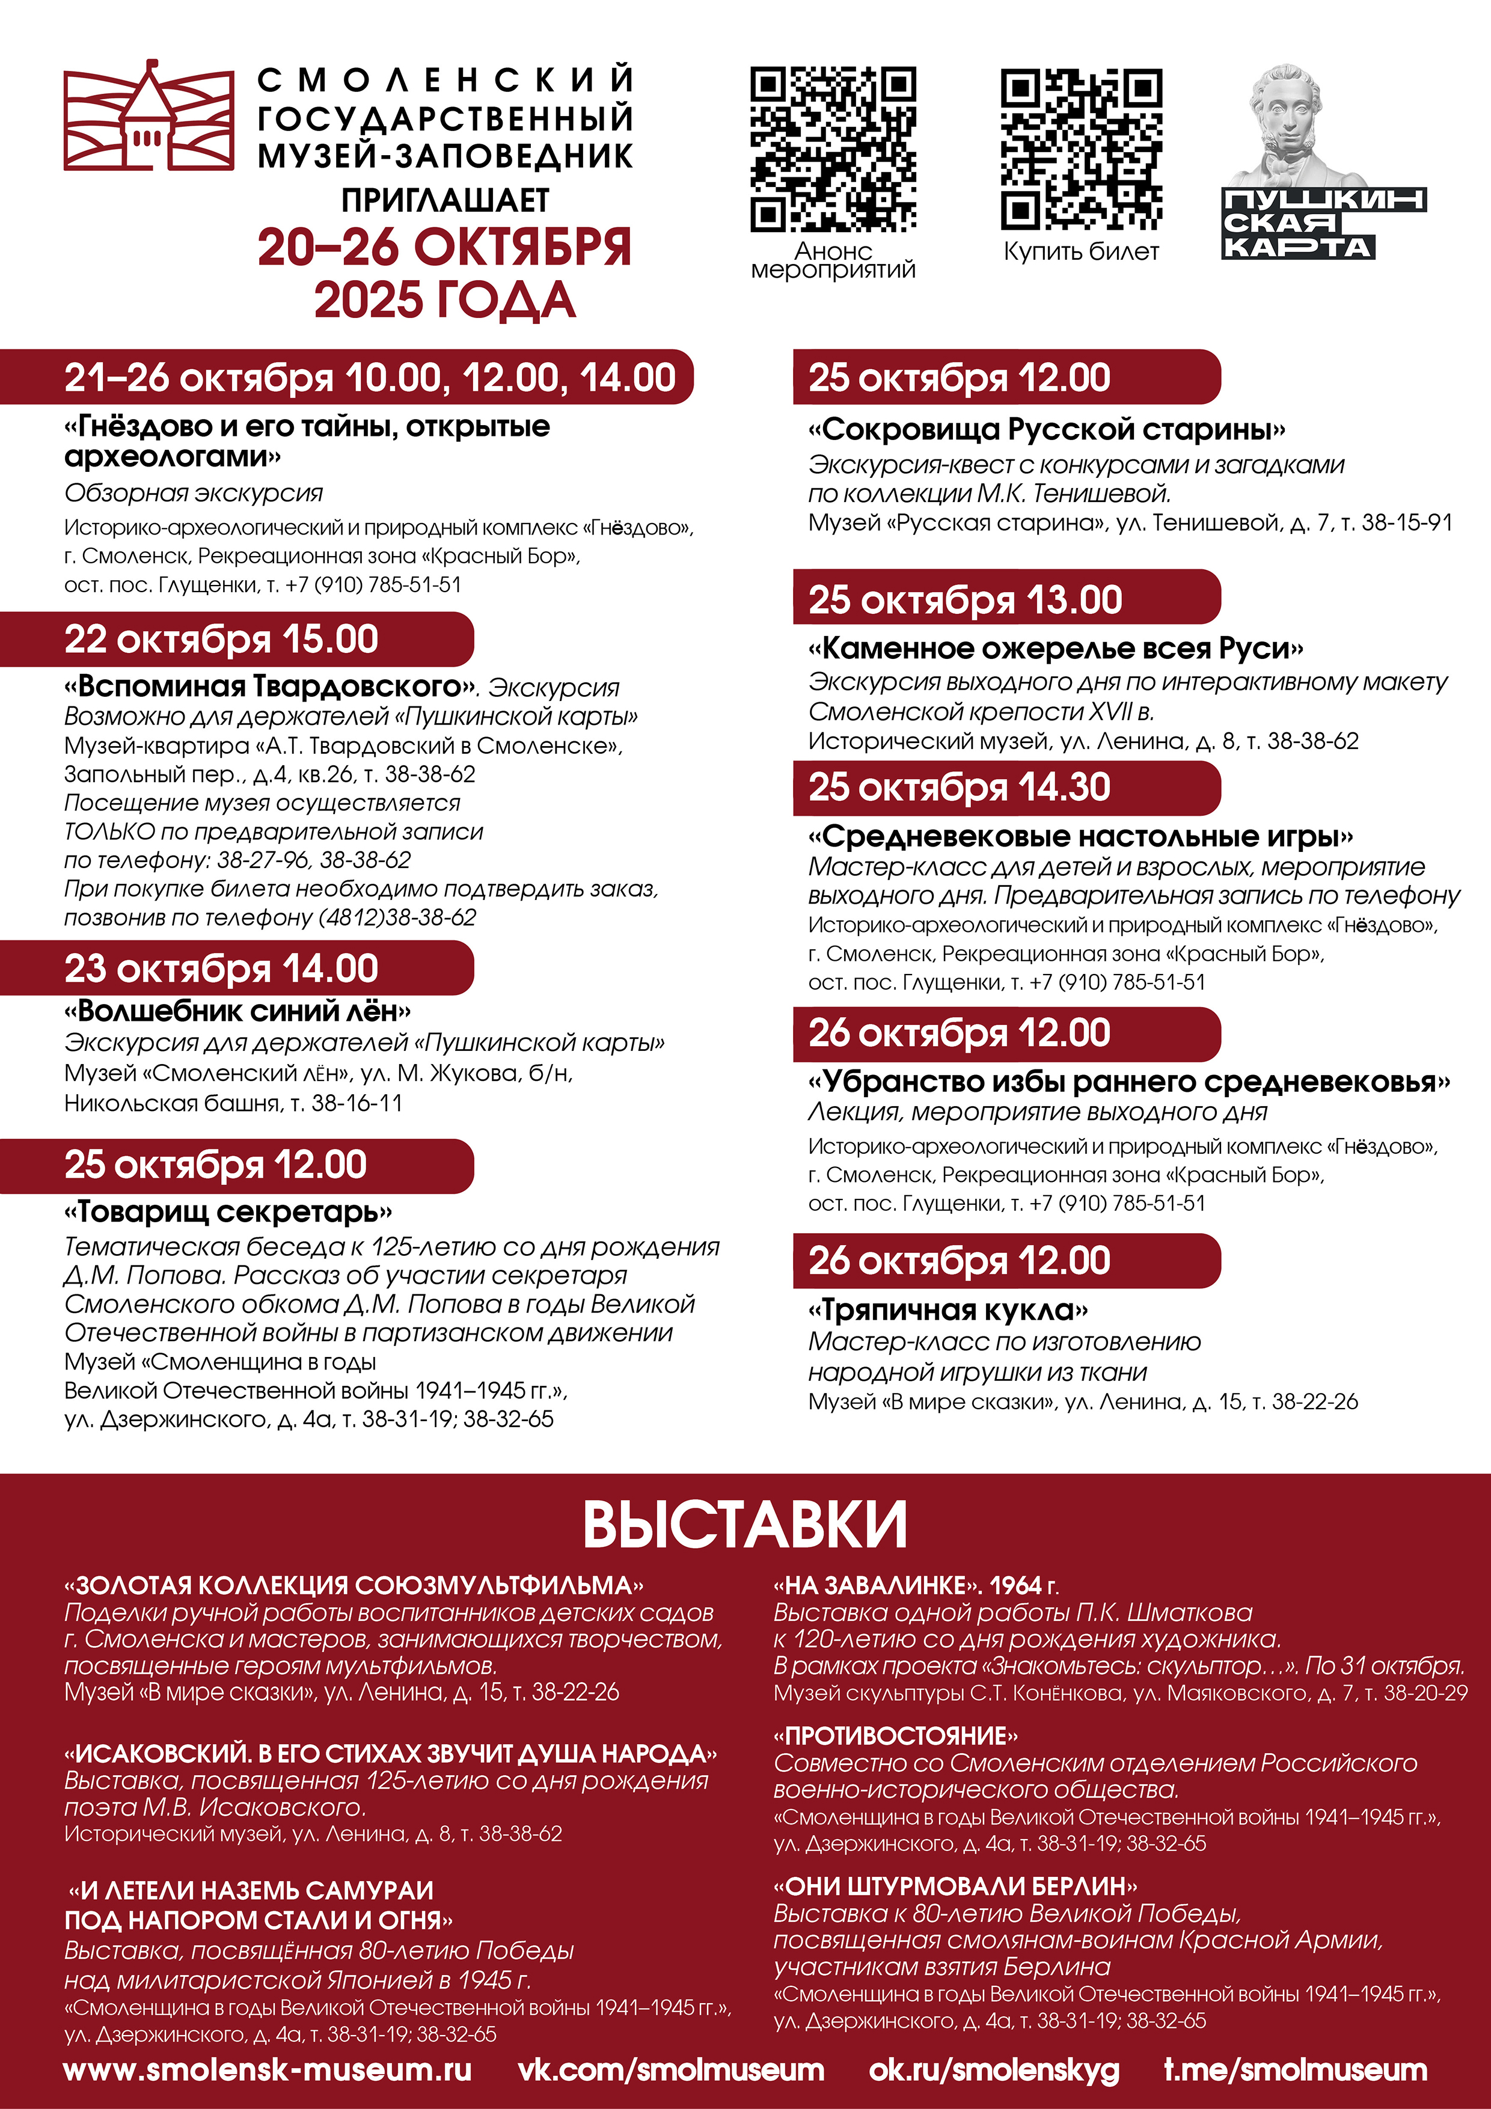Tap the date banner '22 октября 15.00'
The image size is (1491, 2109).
(x=221, y=639)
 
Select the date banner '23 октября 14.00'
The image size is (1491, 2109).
(x=221, y=968)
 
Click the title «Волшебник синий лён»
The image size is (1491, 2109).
(x=237, y=1011)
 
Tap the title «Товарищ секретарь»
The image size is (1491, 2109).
(x=228, y=1213)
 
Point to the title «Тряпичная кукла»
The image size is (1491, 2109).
(x=947, y=1310)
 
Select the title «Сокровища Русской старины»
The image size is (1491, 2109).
(x=1046, y=429)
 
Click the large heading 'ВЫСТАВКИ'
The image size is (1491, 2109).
(x=745, y=1525)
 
